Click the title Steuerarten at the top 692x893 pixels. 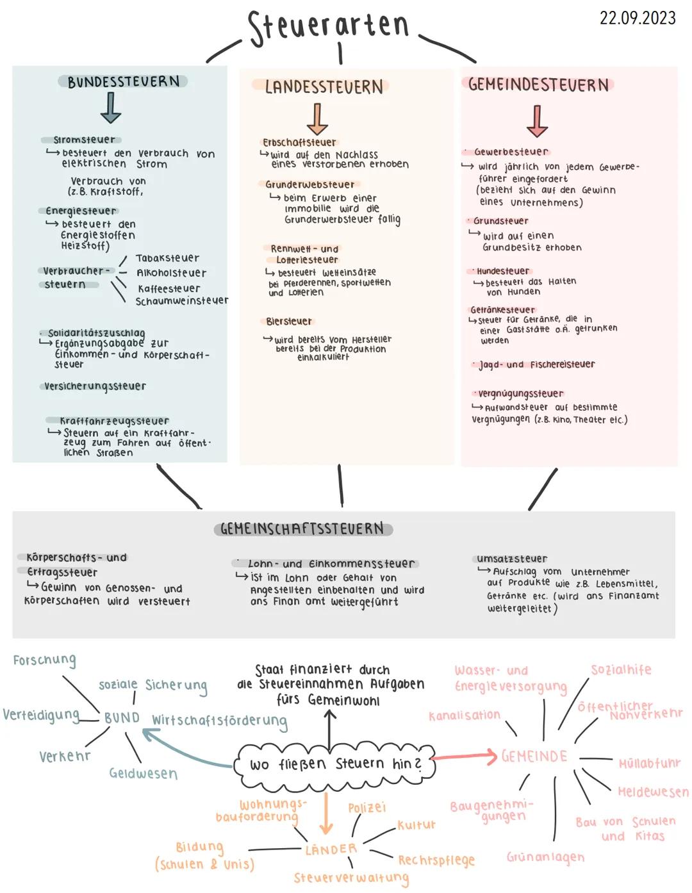[329, 27]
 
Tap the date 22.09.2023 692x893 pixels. [637, 17]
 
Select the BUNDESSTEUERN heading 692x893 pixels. [123, 82]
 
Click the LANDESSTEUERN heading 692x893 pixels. [324, 87]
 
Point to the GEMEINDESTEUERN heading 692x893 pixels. [538, 85]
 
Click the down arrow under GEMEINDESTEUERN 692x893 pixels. [537, 121]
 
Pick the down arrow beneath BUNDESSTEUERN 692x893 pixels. [111, 107]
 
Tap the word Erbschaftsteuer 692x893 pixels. [299, 142]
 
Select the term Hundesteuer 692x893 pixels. [503, 271]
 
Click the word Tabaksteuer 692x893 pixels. [167, 258]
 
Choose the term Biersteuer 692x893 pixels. [289, 321]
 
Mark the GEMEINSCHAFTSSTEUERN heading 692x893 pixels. [302, 529]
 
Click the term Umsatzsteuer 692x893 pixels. [512, 559]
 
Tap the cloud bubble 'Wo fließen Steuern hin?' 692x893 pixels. [336, 764]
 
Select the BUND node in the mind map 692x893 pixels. [122, 718]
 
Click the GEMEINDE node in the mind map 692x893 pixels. [534, 757]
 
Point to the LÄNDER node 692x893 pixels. [331, 849]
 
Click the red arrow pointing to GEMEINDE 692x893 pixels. [465, 757]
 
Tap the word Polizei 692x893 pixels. [367, 808]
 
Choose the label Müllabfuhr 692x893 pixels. [649, 763]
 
